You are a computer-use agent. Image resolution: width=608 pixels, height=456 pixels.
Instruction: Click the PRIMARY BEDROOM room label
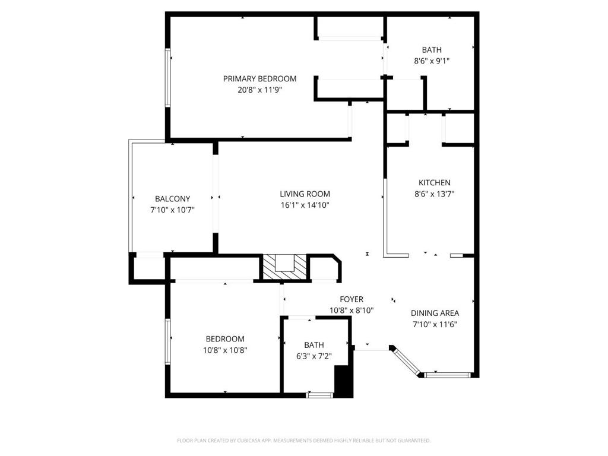(259, 79)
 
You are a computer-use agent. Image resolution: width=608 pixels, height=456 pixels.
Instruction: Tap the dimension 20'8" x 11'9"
(259, 90)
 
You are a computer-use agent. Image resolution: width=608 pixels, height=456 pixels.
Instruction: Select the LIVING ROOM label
(305, 194)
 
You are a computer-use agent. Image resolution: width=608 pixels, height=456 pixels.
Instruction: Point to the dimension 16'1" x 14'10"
(305, 205)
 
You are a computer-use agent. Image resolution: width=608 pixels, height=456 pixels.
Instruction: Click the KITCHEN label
(434, 183)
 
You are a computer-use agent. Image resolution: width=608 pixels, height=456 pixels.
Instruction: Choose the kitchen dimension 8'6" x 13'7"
(434, 194)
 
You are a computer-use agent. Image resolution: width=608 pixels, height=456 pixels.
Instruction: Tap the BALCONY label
(173, 199)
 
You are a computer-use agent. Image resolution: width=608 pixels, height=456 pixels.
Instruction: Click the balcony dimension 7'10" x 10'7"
(173, 210)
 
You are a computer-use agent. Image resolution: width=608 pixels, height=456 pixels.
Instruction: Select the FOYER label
(351, 299)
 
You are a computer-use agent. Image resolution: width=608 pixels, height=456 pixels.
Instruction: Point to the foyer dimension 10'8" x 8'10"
(351, 310)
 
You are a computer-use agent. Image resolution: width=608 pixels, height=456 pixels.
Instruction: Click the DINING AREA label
(435, 313)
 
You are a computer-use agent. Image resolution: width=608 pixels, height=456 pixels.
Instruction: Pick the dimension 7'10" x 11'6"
(435, 324)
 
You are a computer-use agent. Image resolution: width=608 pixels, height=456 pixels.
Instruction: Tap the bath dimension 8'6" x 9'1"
(432, 61)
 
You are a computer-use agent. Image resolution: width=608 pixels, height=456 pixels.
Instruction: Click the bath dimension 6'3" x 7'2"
(313, 356)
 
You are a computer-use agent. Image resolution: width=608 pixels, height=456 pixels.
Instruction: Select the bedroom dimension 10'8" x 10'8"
(225, 350)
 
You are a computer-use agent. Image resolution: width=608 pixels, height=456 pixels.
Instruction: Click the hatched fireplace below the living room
(285, 267)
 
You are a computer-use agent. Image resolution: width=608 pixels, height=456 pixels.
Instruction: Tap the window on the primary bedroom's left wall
(168, 78)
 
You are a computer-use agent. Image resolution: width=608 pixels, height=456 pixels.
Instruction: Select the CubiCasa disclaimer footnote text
(303, 441)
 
